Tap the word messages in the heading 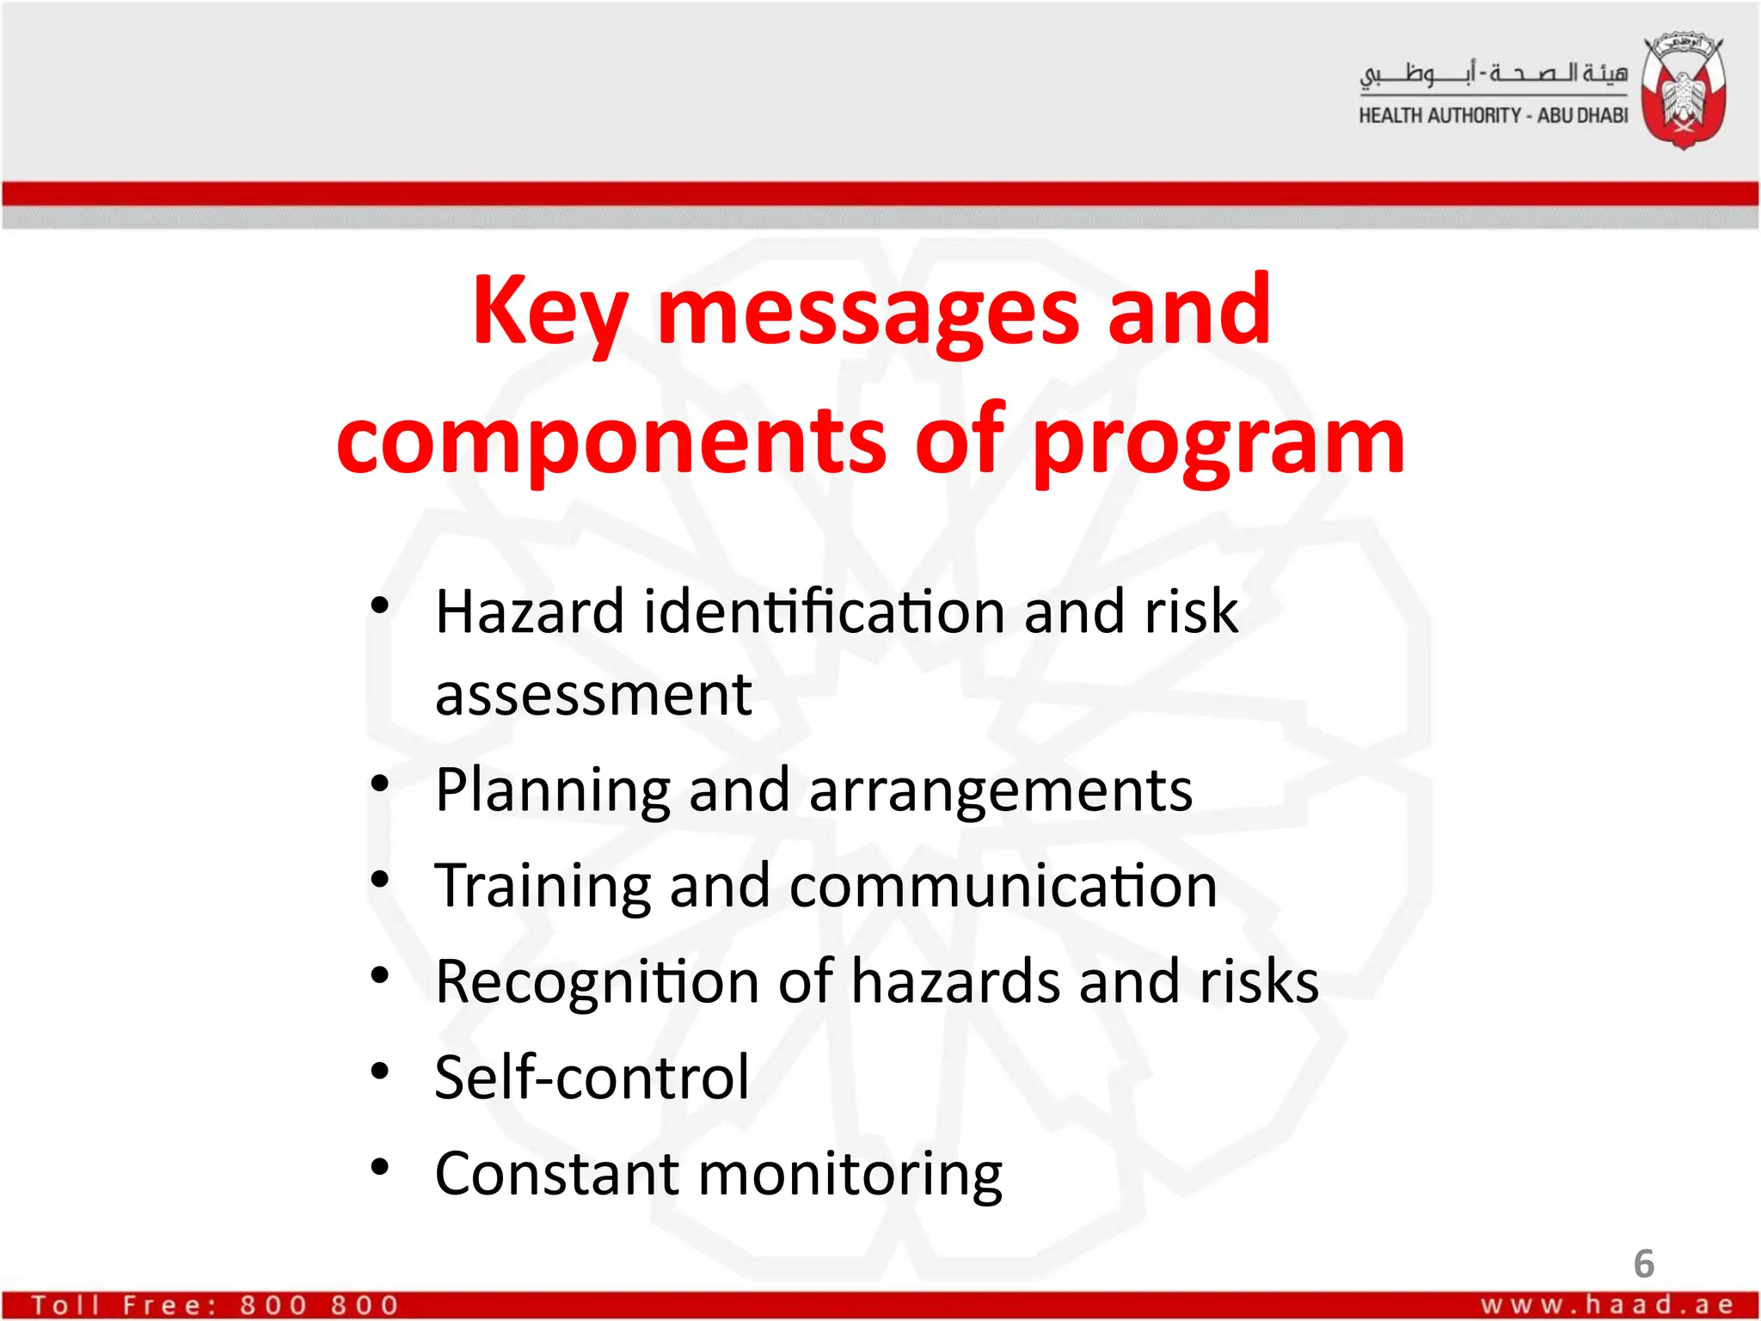(868, 311)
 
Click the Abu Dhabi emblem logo (1683, 92)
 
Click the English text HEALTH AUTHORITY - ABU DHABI (1493, 115)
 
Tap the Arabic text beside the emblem (1493, 74)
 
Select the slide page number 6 (1643, 1263)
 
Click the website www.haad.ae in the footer (1606, 1305)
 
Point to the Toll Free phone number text (215, 1305)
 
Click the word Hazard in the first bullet (529, 611)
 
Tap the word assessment (593, 695)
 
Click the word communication (1003, 886)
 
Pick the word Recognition (597, 982)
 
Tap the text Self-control (592, 1077)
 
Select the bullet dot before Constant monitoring (379, 1167)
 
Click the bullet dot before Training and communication (379, 879)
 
